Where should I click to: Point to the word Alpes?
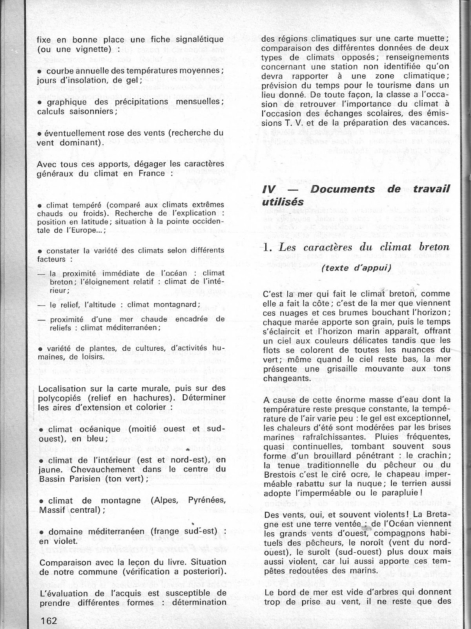click(x=165, y=500)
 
